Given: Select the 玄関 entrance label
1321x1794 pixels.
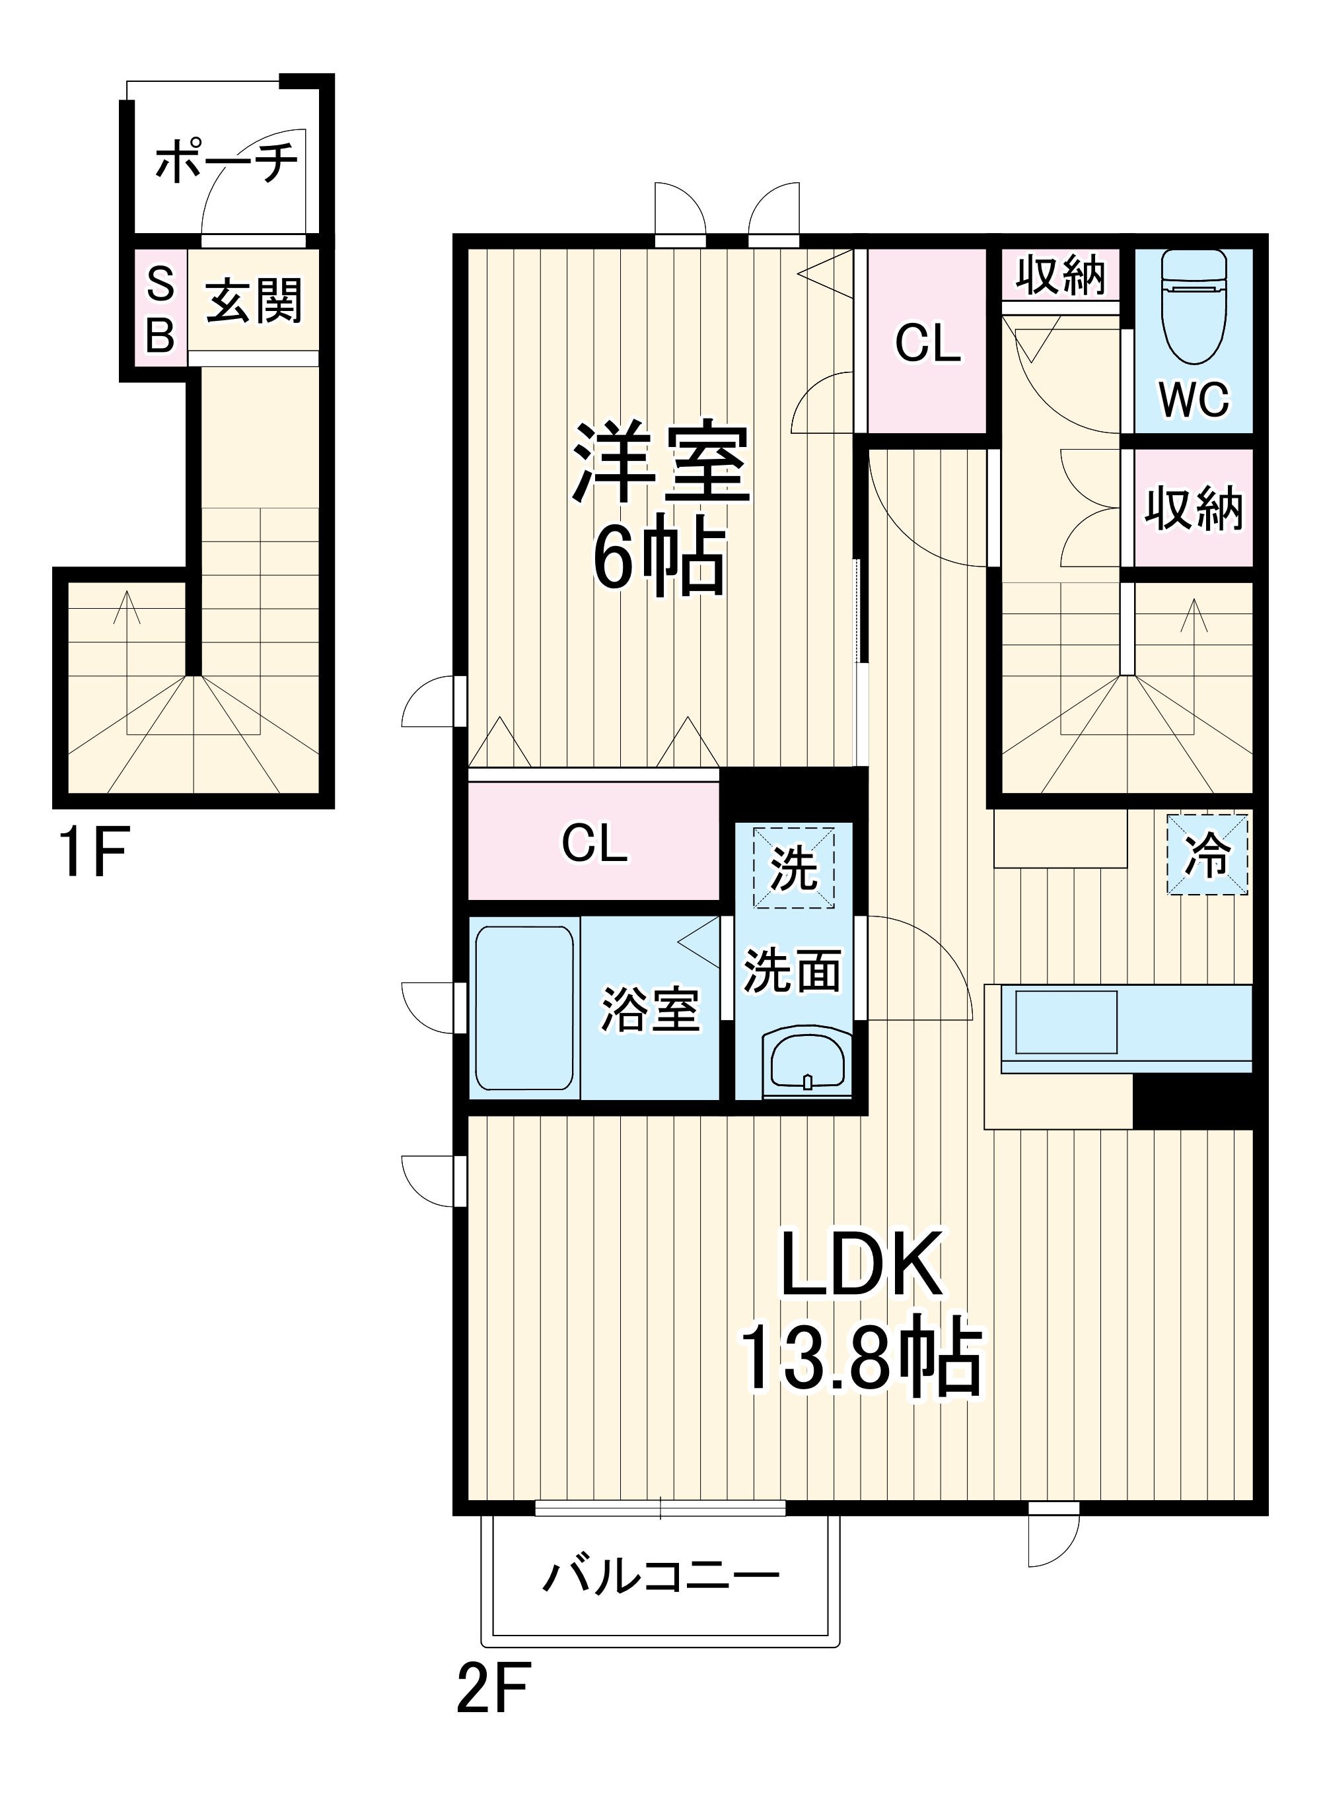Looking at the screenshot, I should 254,300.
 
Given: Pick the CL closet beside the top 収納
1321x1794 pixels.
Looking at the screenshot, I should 927,343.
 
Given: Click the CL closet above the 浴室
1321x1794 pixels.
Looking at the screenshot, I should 594,843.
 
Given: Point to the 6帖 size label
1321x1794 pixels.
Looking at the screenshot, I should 659,557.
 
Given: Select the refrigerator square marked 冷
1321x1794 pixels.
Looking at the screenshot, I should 1207,854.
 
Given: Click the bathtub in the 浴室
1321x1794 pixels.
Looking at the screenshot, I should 524,1008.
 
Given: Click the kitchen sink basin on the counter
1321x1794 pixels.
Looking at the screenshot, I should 1066,1021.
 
